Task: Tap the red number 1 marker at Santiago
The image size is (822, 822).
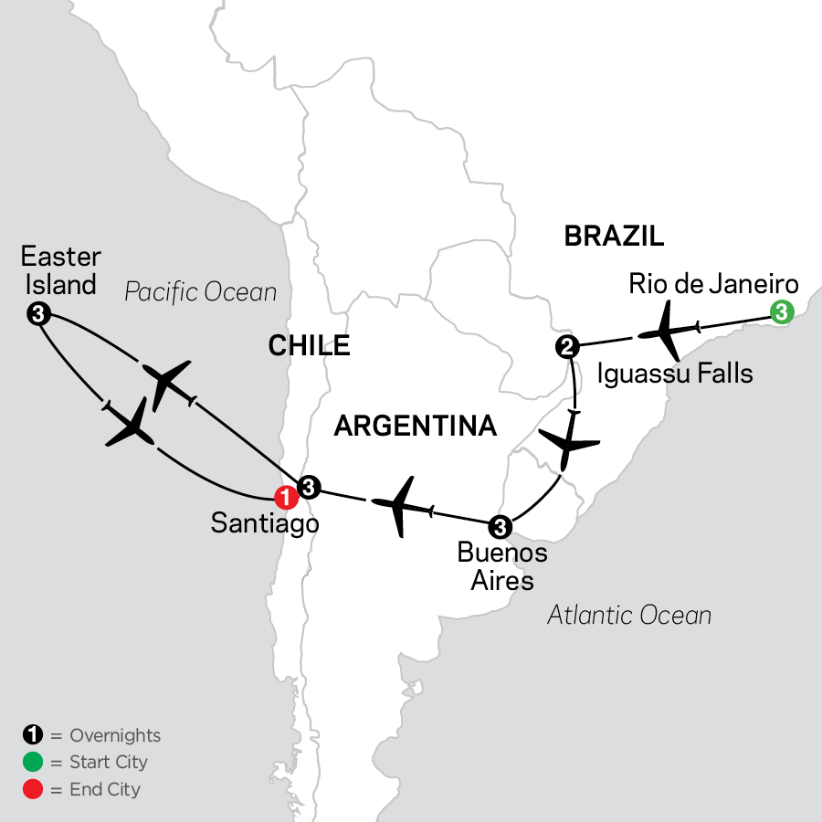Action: tap(287, 498)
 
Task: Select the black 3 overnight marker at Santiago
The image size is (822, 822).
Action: tap(309, 487)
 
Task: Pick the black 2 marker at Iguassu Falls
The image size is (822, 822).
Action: tap(566, 346)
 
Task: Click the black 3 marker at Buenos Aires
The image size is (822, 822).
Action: tap(500, 526)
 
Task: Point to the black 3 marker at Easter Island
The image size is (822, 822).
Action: tap(37, 313)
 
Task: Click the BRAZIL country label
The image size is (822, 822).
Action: tap(614, 237)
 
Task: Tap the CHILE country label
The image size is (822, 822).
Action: tap(309, 344)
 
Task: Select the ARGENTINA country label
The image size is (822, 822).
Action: tap(416, 425)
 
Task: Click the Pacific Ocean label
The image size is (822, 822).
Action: tap(200, 291)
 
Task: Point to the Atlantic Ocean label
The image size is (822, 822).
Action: tap(629, 615)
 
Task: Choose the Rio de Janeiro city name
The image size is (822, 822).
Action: tap(713, 283)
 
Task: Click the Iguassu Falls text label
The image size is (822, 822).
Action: tap(675, 373)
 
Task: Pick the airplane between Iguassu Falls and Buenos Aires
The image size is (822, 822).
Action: tap(569, 446)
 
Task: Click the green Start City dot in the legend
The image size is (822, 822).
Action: tap(30, 762)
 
